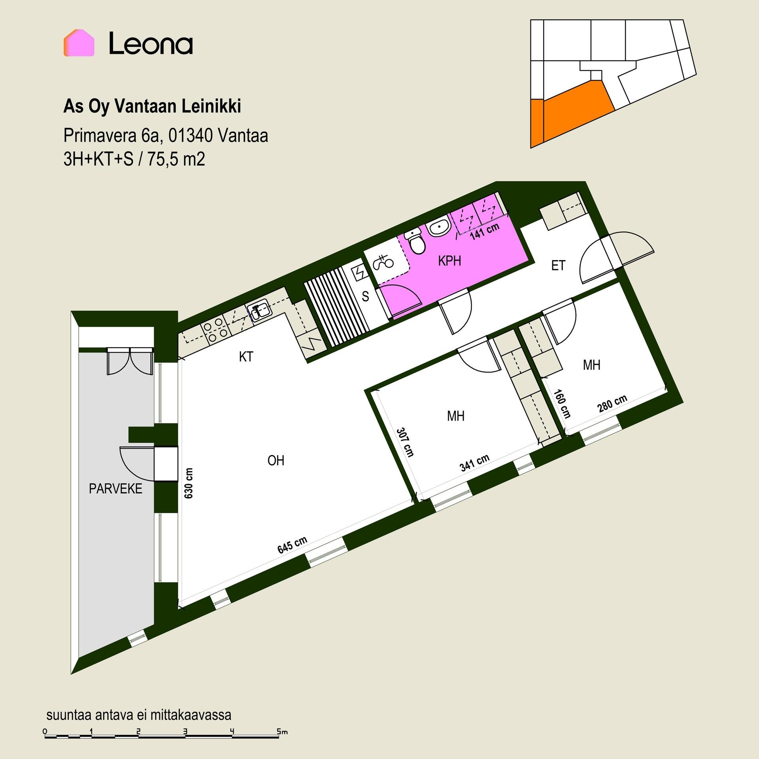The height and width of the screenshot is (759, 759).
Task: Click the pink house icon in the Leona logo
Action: [79, 43]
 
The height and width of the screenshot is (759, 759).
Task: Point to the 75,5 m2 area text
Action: [176, 160]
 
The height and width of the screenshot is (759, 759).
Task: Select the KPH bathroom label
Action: [449, 261]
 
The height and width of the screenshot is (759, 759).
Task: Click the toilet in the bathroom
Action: [415, 241]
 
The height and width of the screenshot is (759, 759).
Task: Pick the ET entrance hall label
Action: [558, 265]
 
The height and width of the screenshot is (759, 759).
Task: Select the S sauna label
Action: [365, 296]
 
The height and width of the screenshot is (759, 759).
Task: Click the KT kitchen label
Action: [246, 357]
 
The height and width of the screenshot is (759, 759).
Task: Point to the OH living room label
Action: [276, 461]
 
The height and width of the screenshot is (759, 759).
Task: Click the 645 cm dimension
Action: [292, 546]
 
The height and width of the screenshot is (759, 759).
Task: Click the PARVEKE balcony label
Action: [115, 489]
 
